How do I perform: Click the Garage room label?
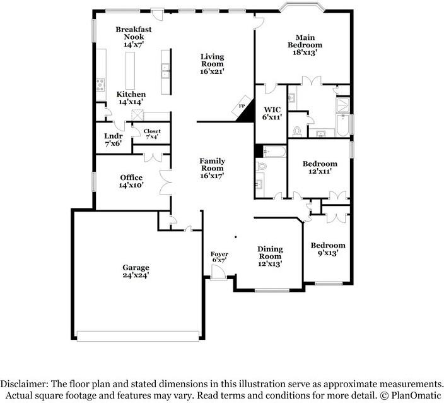point(136,267)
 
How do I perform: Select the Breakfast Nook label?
point(133,33)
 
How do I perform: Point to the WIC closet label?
point(271,109)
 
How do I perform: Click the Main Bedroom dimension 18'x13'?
point(305,53)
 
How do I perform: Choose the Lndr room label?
point(113,135)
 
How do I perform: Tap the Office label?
point(131,177)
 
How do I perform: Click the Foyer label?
point(219,254)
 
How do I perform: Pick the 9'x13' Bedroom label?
point(328,245)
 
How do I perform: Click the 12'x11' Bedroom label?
point(320,164)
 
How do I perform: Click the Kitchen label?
point(131,94)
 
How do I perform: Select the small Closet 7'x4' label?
point(153,131)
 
